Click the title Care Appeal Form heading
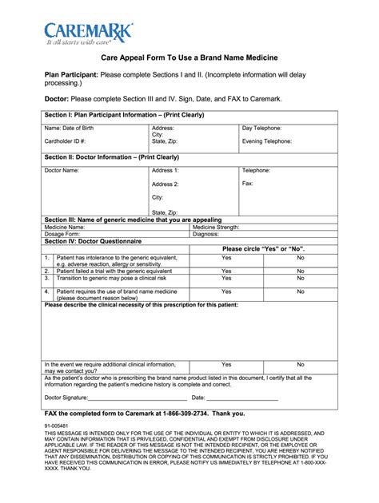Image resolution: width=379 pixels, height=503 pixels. pyautogui.click(x=189, y=59)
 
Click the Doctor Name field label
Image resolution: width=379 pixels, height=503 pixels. pyautogui.click(x=62, y=170)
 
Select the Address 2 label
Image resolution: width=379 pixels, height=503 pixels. pyautogui.click(x=166, y=184)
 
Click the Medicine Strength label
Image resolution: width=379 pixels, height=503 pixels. pyautogui.click(x=216, y=227)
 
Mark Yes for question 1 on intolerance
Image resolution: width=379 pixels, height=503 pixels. pyautogui.click(x=226, y=258)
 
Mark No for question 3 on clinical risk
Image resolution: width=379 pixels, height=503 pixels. pyautogui.click(x=301, y=278)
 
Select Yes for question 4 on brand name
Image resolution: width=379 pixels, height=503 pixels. pyautogui.click(x=226, y=291)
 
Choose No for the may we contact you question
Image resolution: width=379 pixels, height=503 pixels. pyautogui.click(x=301, y=364)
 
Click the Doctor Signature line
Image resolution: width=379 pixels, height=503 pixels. pyautogui.click(x=138, y=398)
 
